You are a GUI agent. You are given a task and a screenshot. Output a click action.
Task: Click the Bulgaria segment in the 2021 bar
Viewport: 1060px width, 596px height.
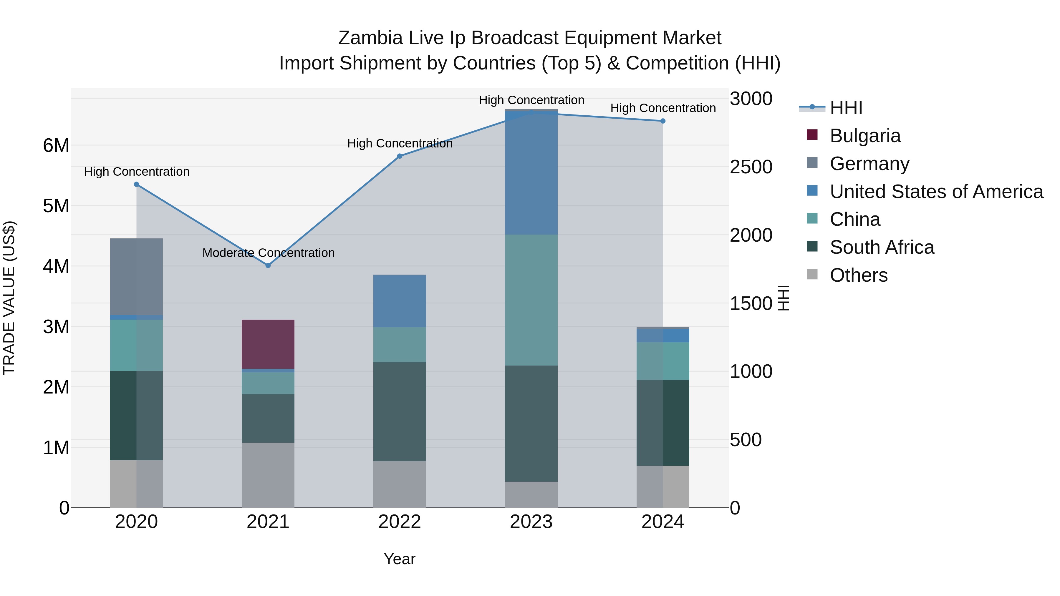268,344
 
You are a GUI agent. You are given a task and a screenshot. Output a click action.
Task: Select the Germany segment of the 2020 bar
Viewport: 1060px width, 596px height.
137,276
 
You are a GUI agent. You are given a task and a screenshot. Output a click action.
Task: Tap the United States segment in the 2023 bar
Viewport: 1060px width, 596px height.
531,173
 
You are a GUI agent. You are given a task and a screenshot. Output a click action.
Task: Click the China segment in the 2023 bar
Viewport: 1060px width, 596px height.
531,300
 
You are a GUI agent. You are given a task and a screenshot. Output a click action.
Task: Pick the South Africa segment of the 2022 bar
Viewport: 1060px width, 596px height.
399,411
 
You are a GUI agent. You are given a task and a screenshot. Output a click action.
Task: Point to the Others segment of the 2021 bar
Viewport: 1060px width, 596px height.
268,475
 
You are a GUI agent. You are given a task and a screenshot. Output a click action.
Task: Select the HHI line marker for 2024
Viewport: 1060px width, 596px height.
662,121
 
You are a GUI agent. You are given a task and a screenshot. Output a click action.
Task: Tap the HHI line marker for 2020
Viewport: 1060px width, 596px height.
137,184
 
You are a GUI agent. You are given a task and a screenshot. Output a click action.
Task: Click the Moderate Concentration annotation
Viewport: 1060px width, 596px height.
268,253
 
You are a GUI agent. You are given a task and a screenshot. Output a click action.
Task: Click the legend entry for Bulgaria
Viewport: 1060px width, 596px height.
865,136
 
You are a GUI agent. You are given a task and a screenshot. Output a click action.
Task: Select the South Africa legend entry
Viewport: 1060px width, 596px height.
881,247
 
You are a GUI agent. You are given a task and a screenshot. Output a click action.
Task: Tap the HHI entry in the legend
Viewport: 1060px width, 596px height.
846,108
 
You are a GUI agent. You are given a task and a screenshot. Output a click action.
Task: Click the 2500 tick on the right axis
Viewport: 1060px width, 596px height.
751,167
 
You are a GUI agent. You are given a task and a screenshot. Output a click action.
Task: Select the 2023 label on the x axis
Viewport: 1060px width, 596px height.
531,522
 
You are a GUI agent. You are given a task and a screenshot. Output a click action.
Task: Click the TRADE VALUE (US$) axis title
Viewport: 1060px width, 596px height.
9,298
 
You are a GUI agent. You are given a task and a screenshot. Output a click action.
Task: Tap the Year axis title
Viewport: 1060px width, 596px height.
399,559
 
